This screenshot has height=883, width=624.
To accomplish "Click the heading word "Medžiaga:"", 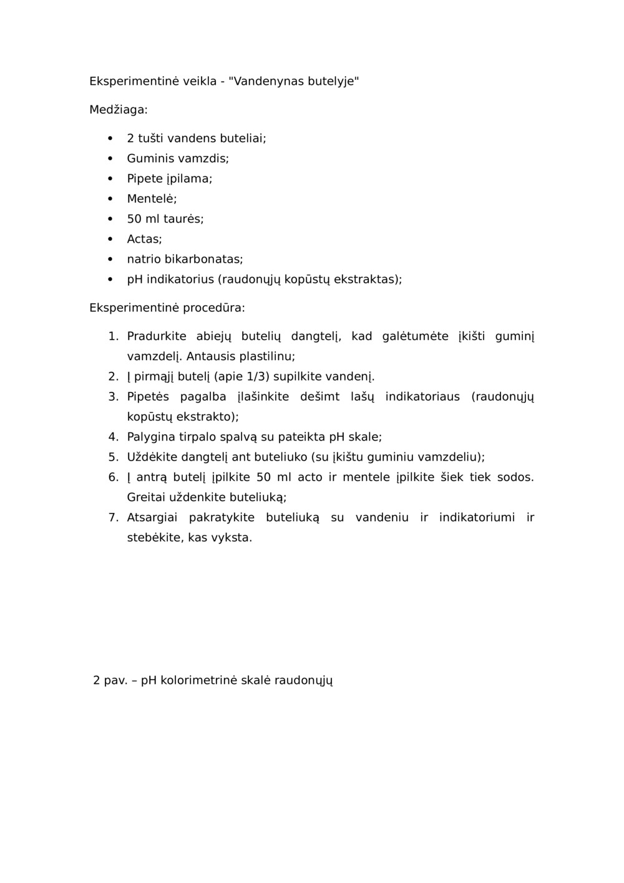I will (x=119, y=110).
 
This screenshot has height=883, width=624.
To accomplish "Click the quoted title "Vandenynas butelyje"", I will (x=294, y=81).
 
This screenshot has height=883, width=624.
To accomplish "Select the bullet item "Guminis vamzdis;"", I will (x=178, y=159).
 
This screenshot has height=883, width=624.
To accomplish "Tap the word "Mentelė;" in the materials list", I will (x=152, y=199).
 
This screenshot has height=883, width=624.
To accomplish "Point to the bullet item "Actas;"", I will (x=144, y=239).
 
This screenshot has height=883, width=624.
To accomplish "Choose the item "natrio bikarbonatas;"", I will (x=185, y=259).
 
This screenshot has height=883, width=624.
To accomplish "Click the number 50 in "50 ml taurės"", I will (x=134, y=219).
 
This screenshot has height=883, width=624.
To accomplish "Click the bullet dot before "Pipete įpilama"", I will (x=110, y=178).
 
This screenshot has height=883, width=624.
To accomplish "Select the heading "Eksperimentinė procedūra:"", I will (x=167, y=308).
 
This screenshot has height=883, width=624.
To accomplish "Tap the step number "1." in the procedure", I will (x=113, y=336).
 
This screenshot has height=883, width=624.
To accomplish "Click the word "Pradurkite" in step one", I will (x=157, y=336).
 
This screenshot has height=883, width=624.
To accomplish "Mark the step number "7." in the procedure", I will (x=113, y=517).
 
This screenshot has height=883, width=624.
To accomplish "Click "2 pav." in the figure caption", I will (x=110, y=680).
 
